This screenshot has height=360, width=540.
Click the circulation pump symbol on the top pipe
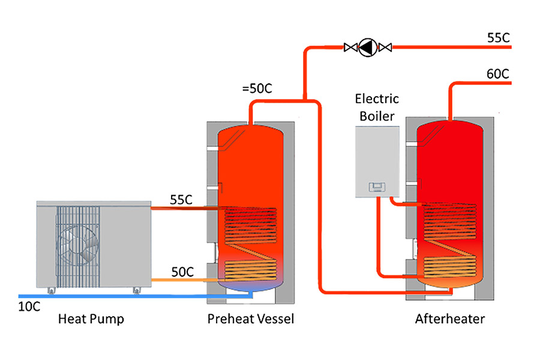(x=368, y=47)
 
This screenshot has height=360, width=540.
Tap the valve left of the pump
(x=351, y=47)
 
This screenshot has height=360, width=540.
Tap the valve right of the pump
(x=385, y=47)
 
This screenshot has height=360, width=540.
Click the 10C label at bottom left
(x=29, y=307)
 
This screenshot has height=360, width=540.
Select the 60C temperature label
(x=497, y=74)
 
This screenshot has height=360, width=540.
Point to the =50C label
(x=257, y=89)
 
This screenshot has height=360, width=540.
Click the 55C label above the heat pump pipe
(x=181, y=200)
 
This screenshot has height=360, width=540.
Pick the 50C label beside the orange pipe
(x=182, y=272)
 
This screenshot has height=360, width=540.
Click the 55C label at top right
(x=499, y=38)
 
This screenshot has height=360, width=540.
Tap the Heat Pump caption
(x=91, y=319)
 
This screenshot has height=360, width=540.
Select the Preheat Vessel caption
(x=251, y=319)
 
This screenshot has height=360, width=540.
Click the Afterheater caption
(x=450, y=319)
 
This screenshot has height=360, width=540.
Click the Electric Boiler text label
(x=377, y=107)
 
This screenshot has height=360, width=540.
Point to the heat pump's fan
(x=78, y=245)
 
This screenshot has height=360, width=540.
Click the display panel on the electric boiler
(x=377, y=187)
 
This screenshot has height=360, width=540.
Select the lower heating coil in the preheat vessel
(x=250, y=270)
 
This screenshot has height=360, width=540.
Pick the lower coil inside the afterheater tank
(x=450, y=267)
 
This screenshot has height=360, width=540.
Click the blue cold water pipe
(x=135, y=296)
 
